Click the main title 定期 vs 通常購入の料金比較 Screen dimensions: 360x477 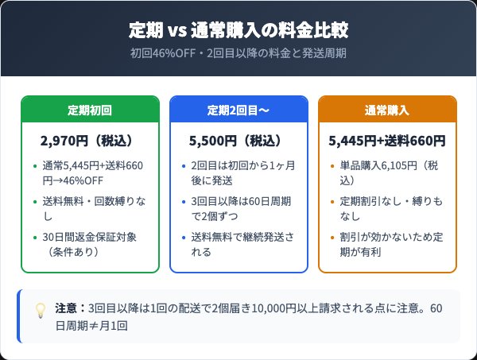(238, 31)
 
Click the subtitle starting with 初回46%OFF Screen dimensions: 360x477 (238, 54)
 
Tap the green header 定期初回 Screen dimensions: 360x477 (90, 110)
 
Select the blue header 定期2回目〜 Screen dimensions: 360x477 (238, 110)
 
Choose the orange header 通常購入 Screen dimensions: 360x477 (387, 110)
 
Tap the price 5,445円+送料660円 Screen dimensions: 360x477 (387, 141)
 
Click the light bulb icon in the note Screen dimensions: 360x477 (39, 310)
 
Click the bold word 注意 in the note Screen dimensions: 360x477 (64, 308)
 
